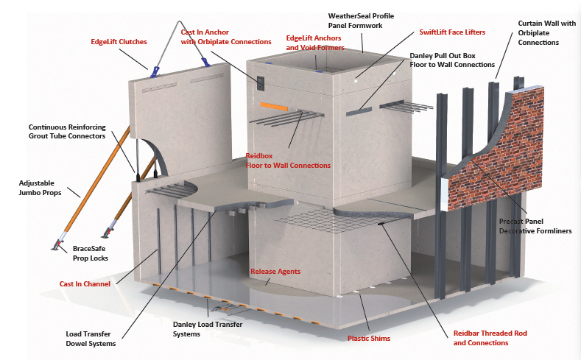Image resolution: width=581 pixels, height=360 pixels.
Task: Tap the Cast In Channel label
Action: (x=85, y=283)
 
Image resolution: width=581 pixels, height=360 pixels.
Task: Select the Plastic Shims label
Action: (x=368, y=339)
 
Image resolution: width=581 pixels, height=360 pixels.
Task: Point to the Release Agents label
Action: (x=275, y=272)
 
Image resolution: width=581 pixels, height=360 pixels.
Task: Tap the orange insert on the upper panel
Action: (x=272, y=106)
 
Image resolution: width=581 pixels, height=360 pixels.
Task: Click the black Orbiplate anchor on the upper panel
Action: (x=261, y=83)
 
